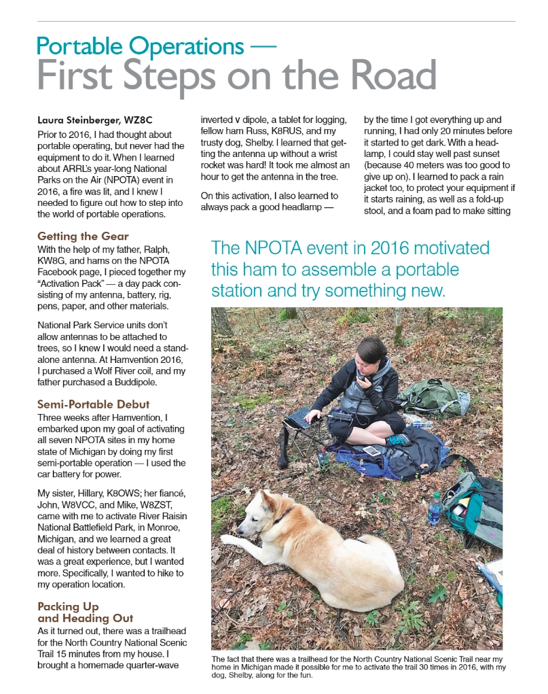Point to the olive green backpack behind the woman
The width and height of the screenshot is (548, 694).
(434, 397)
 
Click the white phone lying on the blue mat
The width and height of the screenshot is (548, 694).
(371, 451)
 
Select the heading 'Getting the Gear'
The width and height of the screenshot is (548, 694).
(83, 237)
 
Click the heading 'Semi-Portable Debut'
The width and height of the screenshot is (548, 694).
(94, 404)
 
